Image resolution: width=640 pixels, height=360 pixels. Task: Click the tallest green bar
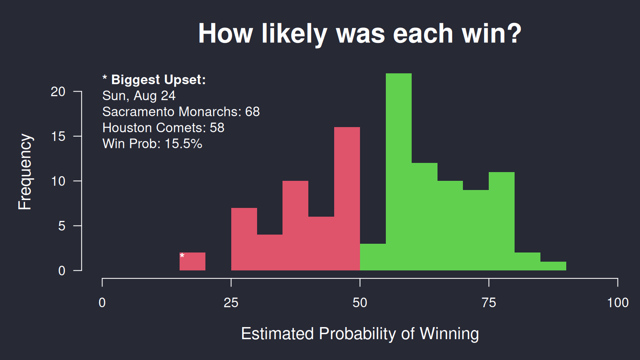coord(399,172)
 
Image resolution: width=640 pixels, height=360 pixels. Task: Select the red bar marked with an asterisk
coord(192,261)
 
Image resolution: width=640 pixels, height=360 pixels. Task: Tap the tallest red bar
coord(347,199)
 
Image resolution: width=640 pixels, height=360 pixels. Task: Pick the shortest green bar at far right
coord(553,266)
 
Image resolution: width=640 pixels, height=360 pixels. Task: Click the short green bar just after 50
coord(373,257)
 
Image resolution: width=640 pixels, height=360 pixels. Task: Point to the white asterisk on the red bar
coord(182,256)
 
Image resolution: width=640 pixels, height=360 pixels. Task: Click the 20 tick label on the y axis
coord(58,92)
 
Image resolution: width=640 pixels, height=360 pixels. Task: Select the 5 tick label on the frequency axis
coord(62,226)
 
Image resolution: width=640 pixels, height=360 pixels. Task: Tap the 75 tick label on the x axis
coord(489,302)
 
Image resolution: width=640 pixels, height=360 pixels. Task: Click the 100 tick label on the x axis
coord(618,302)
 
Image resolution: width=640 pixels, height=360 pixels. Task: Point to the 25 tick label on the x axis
coord(231,302)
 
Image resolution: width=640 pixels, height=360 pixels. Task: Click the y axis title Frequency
coord(25,172)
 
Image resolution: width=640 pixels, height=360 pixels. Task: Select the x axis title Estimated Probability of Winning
coord(360,334)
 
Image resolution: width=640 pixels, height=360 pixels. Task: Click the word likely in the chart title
coord(294,34)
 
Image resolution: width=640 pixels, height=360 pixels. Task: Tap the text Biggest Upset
coord(158,80)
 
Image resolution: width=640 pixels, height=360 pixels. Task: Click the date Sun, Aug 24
coord(139,95)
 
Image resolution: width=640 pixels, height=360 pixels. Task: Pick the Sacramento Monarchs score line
coord(181,111)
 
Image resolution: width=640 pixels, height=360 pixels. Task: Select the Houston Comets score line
coord(163,127)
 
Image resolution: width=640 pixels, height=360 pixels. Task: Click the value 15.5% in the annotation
coord(183,143)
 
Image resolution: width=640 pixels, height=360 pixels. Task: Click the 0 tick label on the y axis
coord(62,270)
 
